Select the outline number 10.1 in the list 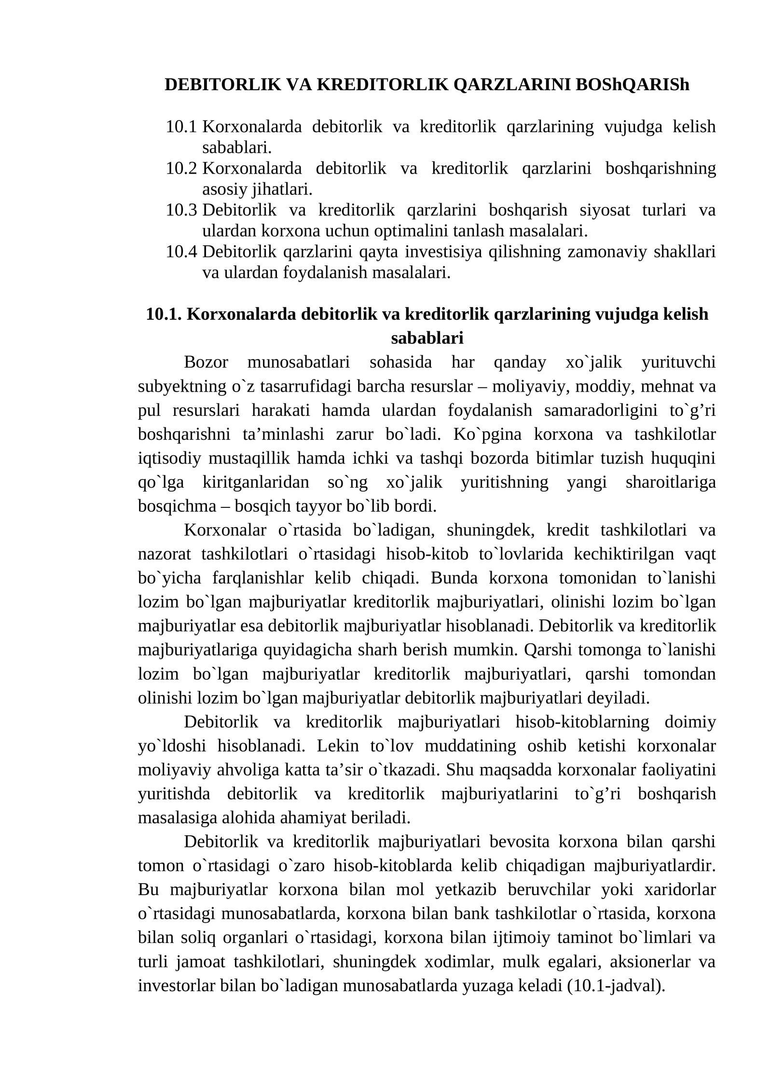click(181, 127)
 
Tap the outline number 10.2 click(181, 168)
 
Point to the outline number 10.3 click(181, 210)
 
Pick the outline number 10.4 click(181, 252)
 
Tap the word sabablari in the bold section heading click(427, 338)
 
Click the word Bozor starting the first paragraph click(206, 362)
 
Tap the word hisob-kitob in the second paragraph click(427, 554)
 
